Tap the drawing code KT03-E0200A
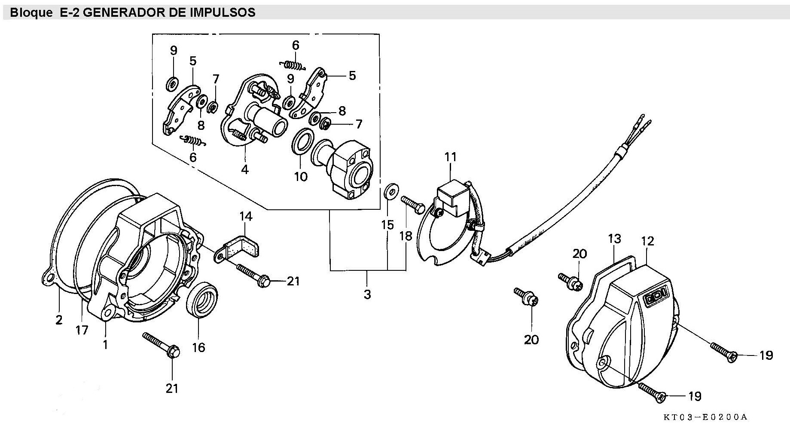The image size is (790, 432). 705,417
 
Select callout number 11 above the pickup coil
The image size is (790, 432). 450,157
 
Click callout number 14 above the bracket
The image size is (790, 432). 246,216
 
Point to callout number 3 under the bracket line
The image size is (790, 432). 367,294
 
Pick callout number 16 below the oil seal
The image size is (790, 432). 198,346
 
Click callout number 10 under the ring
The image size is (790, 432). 301,176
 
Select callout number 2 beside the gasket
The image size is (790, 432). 59,320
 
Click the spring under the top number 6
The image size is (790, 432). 294,65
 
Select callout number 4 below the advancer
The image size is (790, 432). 245,169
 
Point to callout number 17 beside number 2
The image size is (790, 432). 82,330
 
